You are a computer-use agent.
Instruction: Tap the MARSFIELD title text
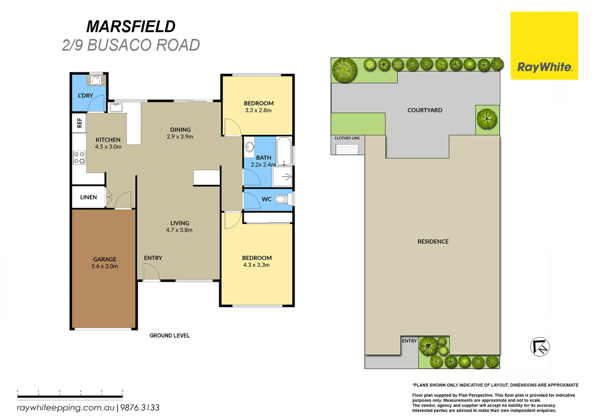tap(131, 27)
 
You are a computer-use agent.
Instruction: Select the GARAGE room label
tap(104, 259)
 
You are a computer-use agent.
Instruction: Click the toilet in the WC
tap(282, 199)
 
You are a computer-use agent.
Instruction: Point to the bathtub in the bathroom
tap(284, 151)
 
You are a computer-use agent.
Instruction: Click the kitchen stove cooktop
tap(79, 158)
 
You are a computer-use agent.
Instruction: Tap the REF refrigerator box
tap(79, 123)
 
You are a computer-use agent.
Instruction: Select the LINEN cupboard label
tap(88, 197)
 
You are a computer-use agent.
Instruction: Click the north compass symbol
tap(539, 347)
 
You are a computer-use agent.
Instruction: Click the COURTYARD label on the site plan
tap(425, 110)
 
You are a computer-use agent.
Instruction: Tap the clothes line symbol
tap(347, 149)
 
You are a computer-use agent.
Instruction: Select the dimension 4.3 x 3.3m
tap(256, 265)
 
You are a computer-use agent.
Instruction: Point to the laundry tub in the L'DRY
tap(96, 80)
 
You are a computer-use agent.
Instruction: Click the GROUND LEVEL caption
tap(170, 336)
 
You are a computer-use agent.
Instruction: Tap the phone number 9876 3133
tap(140, 408)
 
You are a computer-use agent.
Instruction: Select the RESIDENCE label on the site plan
tap(433, 241)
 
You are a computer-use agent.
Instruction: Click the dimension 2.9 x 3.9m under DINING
tap(180, 137)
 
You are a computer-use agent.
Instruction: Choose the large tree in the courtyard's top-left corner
tap(344, 70)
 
